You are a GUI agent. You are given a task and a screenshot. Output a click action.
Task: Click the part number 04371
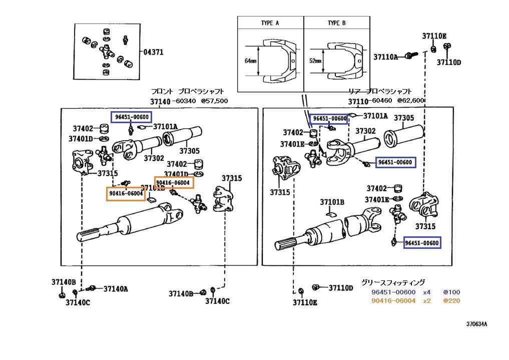tap(153, 52)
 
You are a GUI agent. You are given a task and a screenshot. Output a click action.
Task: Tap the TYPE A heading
tap(270, 23)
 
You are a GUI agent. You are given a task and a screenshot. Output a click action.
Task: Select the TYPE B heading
tap(337, 23)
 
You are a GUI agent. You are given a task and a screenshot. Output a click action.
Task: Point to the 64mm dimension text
tap(250, 61)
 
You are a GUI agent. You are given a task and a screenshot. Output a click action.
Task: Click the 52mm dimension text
tap(315, 61)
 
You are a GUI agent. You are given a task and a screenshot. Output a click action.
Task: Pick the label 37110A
tap(386, 57)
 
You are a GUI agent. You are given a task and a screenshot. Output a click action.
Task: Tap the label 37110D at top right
tap(448, 62)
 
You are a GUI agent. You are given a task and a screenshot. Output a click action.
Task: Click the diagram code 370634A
tap(476, 324)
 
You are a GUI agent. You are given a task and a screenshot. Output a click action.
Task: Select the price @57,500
tap(214, 101)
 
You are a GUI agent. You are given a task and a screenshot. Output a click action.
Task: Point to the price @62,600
tap(410, 101)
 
